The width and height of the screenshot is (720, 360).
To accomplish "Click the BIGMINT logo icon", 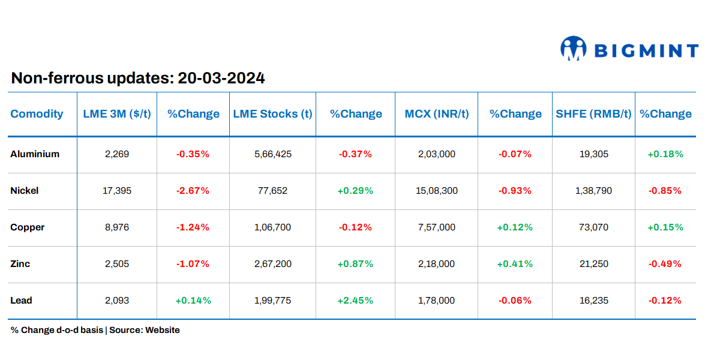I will pyautogui.click(x=573, y=49).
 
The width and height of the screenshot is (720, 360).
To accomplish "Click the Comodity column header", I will pyautogui.click(x=37, y=114).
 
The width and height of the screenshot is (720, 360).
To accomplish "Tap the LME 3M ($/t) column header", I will pyautogui.click(x=116, y=114).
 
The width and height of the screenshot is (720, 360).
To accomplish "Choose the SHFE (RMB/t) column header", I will pyautogui.click(x=593, y=114).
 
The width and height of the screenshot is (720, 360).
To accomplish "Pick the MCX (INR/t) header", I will pyautogui.click(x=436, y=114).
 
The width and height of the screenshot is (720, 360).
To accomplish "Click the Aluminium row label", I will pyautogui.click(x=35, y=154).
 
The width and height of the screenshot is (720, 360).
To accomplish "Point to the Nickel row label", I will pyautogui.click(x=25, y=191).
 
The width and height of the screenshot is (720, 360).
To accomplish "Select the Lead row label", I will pyautogui.click(x=21, y=301).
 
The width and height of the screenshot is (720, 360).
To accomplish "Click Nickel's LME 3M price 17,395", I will pyautogui.click(x=117, y=191).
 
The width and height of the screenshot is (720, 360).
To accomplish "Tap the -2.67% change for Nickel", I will pyautogui.click(x=193, y=191).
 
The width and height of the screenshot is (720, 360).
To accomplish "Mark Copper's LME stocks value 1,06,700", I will pyautogui.click(x=273, y=227).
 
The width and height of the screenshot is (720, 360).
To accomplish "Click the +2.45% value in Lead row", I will pyautogui.click(x=355, y=301).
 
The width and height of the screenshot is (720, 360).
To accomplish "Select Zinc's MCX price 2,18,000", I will pyautogui.click(x=436, y=264).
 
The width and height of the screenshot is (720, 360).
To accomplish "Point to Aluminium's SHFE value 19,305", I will pyautogui.click(x=593, y=154).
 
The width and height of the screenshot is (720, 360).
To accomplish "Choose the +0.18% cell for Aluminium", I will pyautogui.click(x=665, y=154).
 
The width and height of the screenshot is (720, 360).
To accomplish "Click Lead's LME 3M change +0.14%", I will pyautogui.click(x=193, y=301).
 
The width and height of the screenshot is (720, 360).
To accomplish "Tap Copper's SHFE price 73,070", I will pyautogui.click(x=593, y=227).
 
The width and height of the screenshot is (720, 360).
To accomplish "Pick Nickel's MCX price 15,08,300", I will pyautogui.click(x=436, y=191).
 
